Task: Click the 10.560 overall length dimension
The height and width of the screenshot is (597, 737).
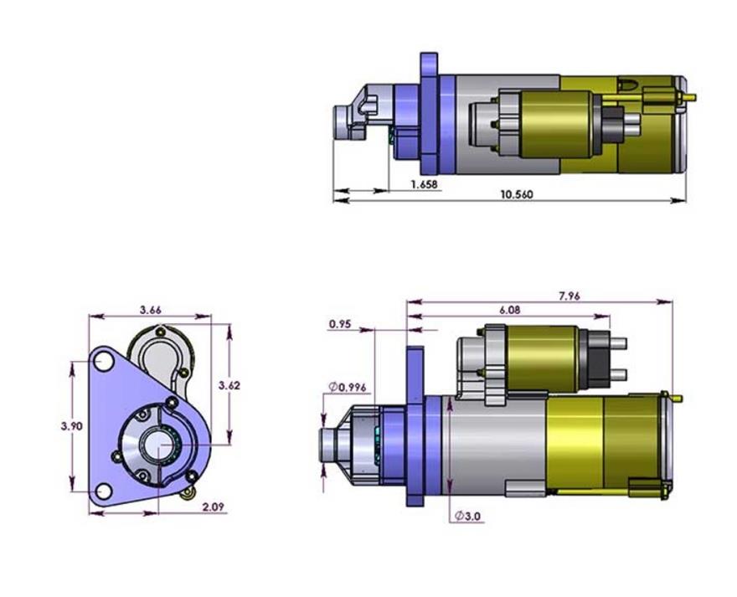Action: click(x=517, y=194)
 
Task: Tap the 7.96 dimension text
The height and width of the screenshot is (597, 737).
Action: click(x=569, y=296)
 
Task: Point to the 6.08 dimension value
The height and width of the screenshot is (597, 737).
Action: click(x=509, y=310)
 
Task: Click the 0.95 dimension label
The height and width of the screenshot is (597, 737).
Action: click(x=340, y=323)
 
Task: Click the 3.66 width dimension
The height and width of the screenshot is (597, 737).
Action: click(x=151, y=310)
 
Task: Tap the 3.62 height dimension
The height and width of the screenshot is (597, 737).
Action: click(x=229, y=385)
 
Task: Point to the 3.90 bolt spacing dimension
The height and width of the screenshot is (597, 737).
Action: click(x=72, y=425)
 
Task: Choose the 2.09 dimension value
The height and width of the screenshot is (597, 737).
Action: click(x=212, y=507)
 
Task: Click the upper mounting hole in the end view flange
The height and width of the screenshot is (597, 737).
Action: click(x=104, y=362)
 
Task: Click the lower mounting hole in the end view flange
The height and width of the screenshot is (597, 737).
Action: click(x=104, y=491)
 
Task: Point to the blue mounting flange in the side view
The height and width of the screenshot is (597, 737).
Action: click(x=415, y=427)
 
